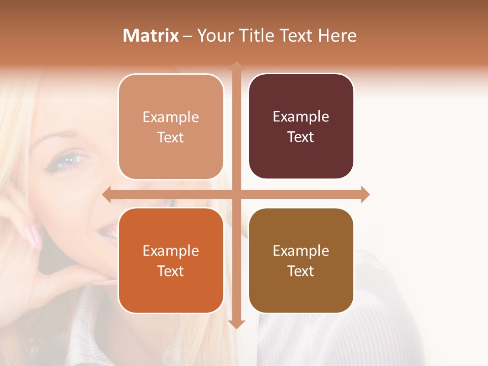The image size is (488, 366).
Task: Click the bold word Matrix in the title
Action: tap(151, 36)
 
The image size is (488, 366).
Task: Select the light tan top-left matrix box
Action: tap(171, 127)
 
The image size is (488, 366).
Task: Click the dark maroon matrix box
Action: tap(301, 127)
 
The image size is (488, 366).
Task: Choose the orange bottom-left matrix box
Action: tap(171, 261)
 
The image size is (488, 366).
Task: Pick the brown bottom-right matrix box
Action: tap(301, 261)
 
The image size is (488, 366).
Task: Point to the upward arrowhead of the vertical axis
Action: tap(236, 66)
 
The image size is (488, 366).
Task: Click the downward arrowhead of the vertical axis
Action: tap(236, 324)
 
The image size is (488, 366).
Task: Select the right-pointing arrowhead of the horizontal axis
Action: tap(365, 195)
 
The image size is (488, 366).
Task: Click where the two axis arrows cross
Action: tap(236, 195)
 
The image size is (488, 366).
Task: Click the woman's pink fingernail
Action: tap(34, 236)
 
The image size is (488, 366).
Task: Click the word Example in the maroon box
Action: tap(301, 117)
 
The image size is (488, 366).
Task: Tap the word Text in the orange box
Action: tap(171, 271)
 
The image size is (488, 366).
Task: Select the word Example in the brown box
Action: tap(301, 251)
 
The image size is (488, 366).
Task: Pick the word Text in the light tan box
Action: tap(171, 137)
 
